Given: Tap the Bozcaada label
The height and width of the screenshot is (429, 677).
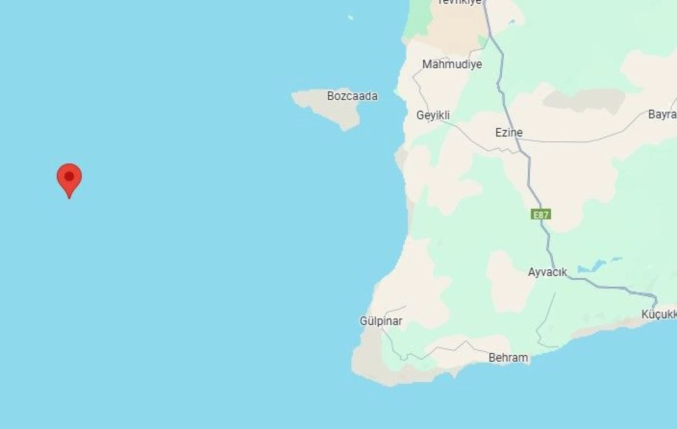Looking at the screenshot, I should tap(352, 96).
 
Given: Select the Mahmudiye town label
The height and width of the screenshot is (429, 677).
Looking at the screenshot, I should tap(452, 65).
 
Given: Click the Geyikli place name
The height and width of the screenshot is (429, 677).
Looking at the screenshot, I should tap(433, 115).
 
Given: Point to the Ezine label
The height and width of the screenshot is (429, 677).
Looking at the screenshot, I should tap(509, 133).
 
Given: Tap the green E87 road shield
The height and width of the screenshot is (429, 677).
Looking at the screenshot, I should tap(541, 214).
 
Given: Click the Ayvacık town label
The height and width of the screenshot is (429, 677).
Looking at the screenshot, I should tap(547, 272).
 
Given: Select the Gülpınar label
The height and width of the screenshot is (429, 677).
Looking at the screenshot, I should tap(381, 321).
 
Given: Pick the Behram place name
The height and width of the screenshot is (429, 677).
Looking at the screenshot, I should tap(508, 358).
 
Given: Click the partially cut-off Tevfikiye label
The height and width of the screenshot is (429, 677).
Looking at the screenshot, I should tap(460, 2).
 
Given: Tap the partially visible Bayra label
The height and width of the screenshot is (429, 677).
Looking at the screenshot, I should tap(662, 115).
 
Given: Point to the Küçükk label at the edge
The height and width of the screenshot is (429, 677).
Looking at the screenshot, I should tap(659, 314).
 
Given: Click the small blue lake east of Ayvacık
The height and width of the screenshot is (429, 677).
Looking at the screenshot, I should tap(593, 266).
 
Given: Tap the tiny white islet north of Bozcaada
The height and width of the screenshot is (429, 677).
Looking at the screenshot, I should tap(350, 18).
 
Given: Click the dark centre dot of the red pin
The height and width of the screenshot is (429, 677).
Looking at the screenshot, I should tap(69, 176).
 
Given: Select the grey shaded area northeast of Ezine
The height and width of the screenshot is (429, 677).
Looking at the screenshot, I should tap(584, 99).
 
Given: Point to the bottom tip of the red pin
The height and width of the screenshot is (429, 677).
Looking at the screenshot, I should tap(69, 198).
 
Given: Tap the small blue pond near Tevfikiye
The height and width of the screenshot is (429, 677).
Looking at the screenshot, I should tap(511, 22).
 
